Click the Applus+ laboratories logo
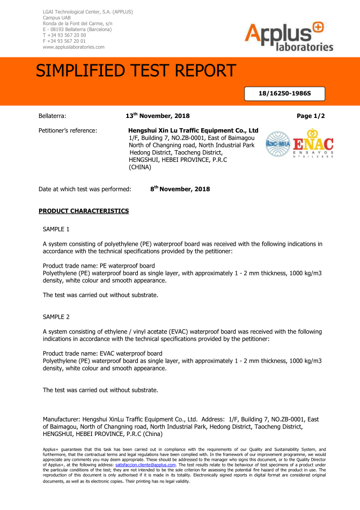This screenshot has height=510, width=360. (x=289, y=37)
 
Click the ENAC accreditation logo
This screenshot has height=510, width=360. (x=313, y=144)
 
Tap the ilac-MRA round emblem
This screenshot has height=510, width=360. (x=277, y=144)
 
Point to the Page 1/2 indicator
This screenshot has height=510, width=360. (x=311, y=116)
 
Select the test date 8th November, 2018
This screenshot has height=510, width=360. (x=180, y=189)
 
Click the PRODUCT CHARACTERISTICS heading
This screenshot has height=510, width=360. (x=84, y=211)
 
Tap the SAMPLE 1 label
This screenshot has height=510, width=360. (x=56, y=229)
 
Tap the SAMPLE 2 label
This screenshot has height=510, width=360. (x=56, y=317)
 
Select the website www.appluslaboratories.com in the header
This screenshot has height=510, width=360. (x=73, y=47)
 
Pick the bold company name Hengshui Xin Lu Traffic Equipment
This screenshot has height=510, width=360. (x=194, y=130)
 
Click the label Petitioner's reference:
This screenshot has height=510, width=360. (x=68, y=130)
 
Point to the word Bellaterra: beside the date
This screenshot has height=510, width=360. (x=52, y=116)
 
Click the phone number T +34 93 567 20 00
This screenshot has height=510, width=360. (x=64, y=35)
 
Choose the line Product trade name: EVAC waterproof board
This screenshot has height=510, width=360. (x=102, y=353)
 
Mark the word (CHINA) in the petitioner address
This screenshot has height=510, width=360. (x=140, y=167)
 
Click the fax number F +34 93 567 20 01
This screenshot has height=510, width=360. (x=64, y=41)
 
